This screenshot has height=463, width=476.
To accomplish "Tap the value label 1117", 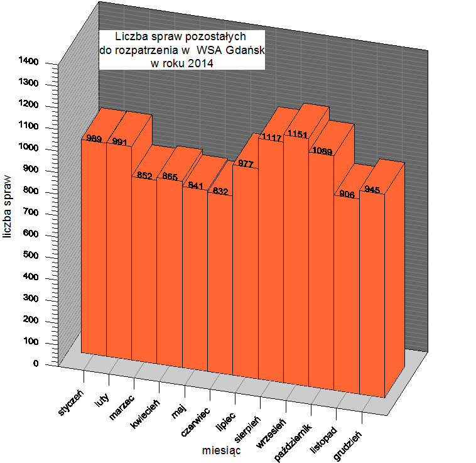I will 271,138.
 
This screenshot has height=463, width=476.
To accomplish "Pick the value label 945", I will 372,190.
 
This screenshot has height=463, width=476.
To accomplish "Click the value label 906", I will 347,195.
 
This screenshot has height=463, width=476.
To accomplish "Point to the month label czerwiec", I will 195,423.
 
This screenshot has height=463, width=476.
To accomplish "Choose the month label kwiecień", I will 146,415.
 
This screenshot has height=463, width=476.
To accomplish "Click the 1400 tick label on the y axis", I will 33,62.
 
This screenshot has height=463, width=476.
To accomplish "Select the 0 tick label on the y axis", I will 36,364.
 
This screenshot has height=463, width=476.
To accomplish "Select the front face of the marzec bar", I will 144,270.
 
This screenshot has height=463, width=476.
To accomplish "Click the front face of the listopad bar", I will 346,295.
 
